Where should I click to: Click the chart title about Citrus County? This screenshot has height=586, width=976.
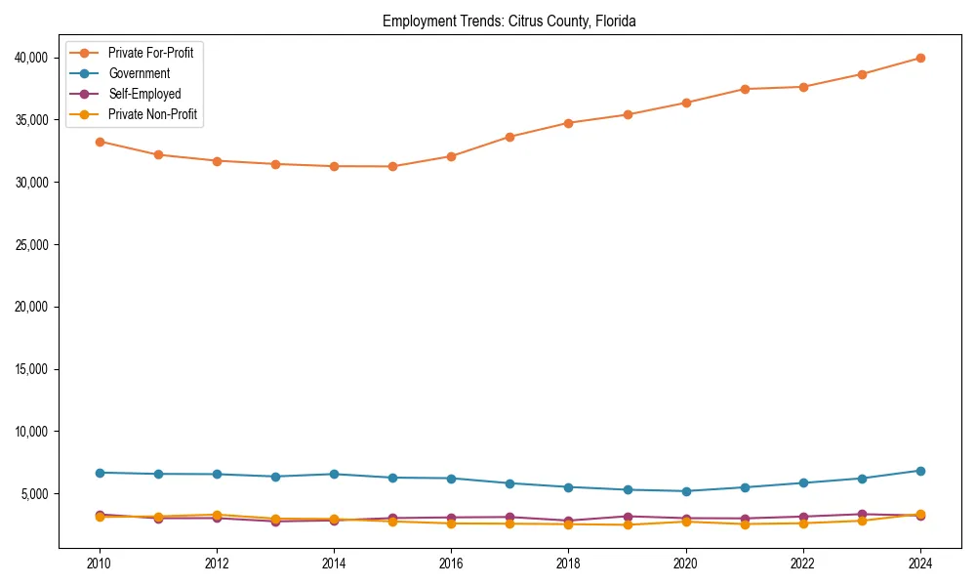click(509, 21)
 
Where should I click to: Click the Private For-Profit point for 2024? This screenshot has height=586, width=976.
click(920, 58)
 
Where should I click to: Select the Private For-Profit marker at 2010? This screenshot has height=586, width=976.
click(99, 142)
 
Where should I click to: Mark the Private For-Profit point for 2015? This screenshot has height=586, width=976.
click(392, 166)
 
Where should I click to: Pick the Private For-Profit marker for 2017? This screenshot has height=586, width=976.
click(509, 137)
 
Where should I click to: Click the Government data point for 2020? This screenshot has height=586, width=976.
click(686, 491)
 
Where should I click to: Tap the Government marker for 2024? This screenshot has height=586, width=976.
click(920, 471)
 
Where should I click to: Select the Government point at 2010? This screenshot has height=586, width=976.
click(99, 473)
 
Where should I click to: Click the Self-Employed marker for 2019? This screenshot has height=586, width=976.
click(628, 517)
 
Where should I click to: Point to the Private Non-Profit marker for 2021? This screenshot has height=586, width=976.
click(745, 524)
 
